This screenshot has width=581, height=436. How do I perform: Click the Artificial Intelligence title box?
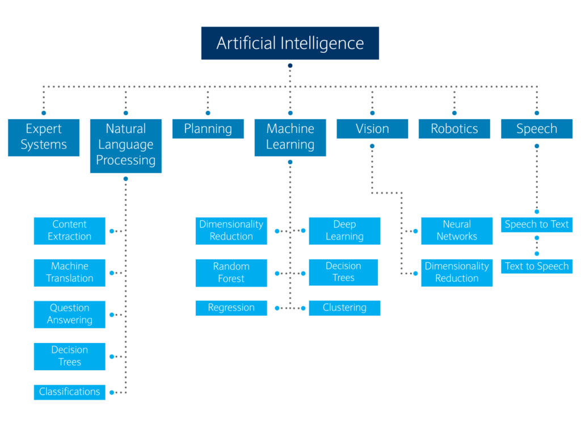coord(290,43)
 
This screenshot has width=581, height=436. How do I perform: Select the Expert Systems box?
coord(44,137)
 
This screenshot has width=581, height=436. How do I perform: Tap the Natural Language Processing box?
coord(125,145)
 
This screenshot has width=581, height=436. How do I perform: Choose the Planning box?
coord(208,129)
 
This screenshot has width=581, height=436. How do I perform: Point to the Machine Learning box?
coord(290,137)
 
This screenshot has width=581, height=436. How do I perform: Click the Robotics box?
coord(454,129)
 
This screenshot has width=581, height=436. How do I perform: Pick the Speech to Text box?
coord(537,224)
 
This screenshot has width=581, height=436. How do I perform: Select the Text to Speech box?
coord(537,266)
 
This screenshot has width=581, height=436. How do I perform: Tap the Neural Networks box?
coord(457,230)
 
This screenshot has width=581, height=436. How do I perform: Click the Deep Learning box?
coord(344,230)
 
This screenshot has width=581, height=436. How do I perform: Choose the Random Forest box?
coord(231,272)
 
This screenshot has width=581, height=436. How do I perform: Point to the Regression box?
coord(231,308)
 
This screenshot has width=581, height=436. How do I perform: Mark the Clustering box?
coord(344,308)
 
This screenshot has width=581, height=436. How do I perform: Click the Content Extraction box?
coord(69,230)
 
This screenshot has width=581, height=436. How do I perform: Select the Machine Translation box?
coord(69,272)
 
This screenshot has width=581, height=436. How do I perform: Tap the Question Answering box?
coord(69,314)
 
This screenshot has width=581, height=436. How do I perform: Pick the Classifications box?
coord(69,392)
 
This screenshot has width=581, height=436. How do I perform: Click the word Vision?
coord(372,129)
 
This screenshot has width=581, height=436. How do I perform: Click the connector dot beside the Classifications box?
coord(112,392)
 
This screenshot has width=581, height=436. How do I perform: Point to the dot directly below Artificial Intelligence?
coord(290,66)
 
